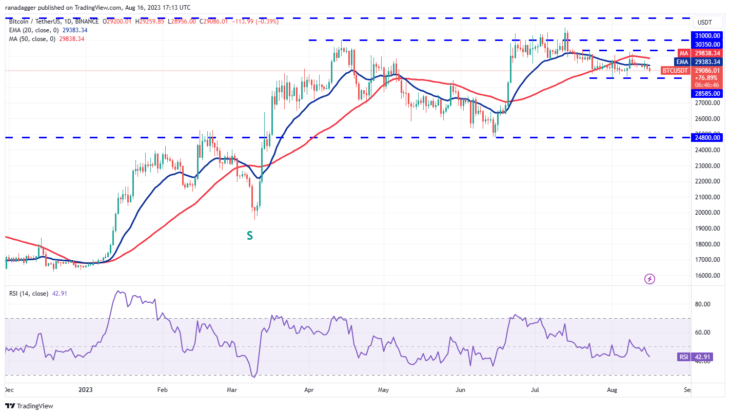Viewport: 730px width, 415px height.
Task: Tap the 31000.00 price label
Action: point(708,35)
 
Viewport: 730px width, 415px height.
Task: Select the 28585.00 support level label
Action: point(708,94)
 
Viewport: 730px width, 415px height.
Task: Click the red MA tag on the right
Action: point(683,53)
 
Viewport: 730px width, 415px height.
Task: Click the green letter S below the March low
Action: point(250,235)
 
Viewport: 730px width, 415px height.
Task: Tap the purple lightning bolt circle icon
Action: point(649,279)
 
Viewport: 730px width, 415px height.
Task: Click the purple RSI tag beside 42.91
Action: point(683,357)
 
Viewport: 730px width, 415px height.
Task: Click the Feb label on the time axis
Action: point(162,390)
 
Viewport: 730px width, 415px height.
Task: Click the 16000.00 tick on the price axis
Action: point(708,275)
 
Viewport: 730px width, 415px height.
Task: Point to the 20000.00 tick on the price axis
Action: point(708,213)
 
